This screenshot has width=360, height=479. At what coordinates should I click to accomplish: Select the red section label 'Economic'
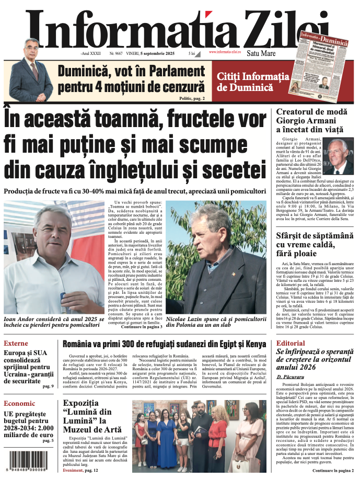[20, 403]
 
